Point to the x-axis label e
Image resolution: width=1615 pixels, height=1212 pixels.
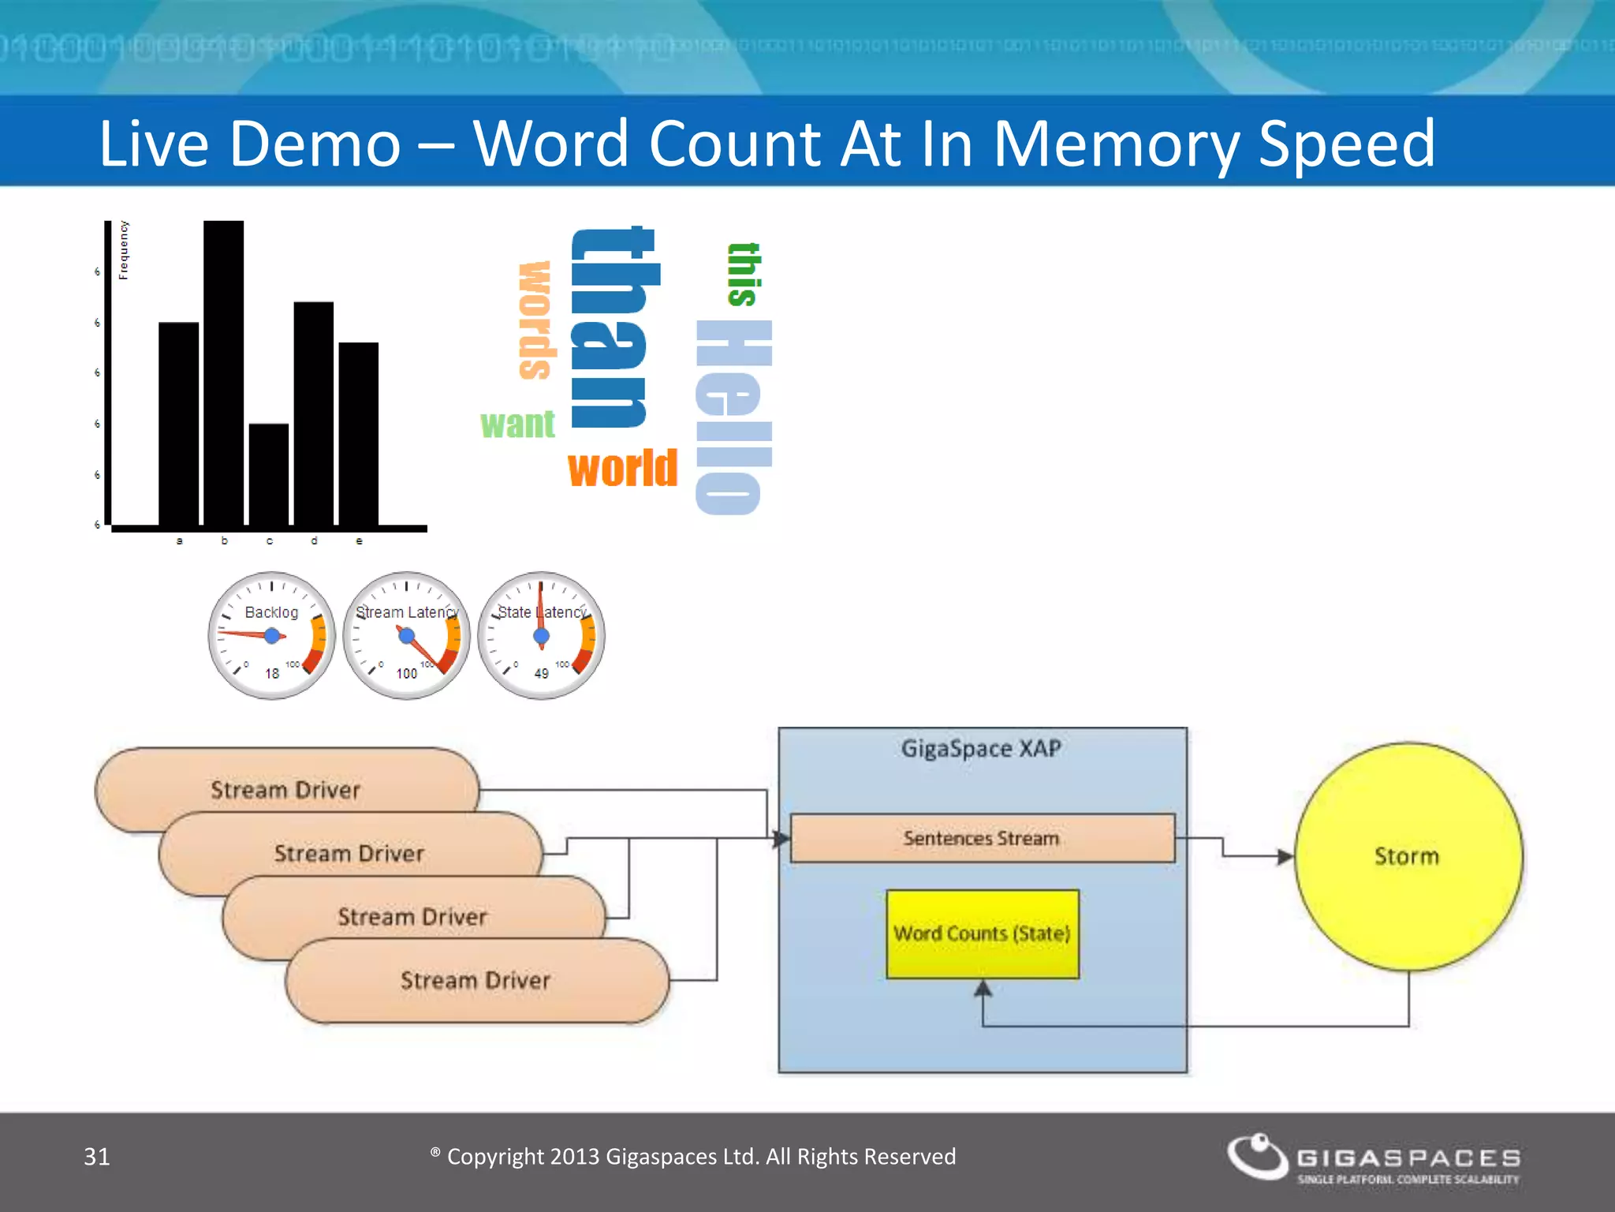pos(360,541)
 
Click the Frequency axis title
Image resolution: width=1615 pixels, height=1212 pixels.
pos(124,249)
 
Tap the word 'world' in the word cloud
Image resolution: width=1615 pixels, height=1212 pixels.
pos(622,469)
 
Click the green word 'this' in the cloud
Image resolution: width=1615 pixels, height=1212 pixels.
pos(744,274)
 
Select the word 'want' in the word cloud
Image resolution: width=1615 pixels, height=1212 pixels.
pos(517,425)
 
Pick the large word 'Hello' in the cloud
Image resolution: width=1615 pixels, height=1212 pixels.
pos(733,417)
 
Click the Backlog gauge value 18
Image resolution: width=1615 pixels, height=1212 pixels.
pos(272,673)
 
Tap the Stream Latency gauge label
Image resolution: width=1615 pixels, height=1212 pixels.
pos(407,612)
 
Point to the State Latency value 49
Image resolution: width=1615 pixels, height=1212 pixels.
pos(541,673)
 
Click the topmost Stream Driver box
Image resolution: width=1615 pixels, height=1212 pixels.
pos(285,789)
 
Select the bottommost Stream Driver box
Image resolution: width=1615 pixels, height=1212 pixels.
pos(476,981)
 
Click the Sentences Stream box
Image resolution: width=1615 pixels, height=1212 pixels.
pos(982,838)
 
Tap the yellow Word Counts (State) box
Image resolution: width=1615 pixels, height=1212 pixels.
pos(982,934)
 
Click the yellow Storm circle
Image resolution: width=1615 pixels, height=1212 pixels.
pos(1408,856)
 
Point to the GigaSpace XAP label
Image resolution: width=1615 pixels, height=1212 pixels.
pos(981,748)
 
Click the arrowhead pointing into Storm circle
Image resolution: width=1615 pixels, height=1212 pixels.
pos(1285,856)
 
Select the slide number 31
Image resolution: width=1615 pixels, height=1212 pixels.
pos(97,1156)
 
